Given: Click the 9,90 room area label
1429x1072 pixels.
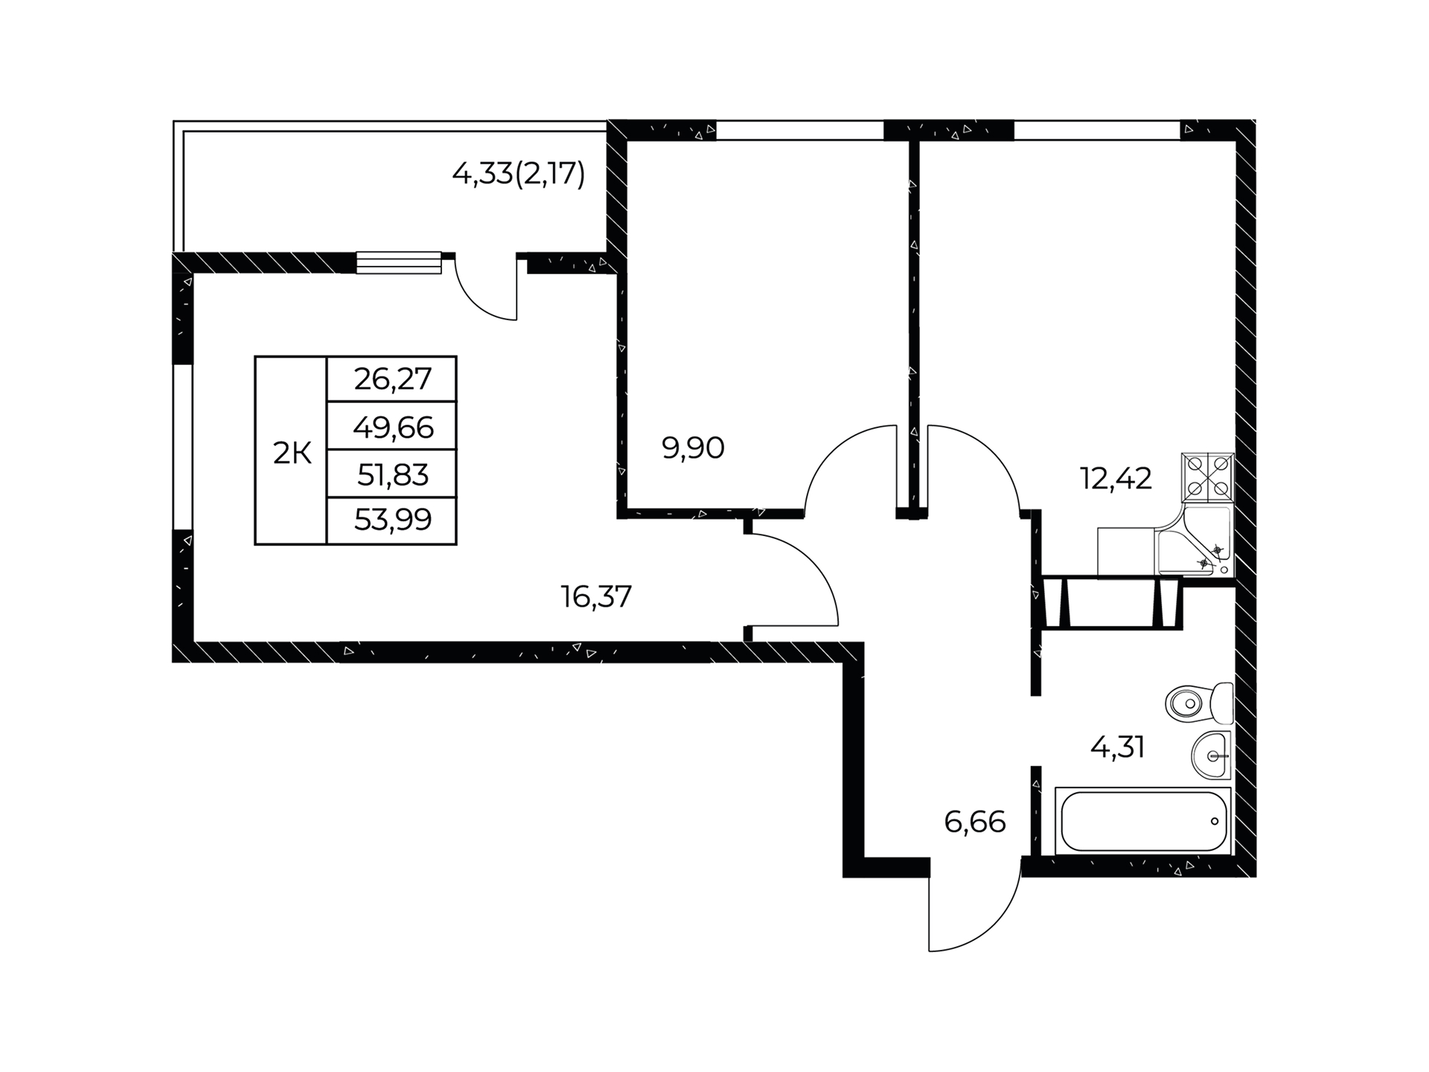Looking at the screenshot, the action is tap(693, 448).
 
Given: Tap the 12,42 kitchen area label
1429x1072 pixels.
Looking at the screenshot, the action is tap(1116, 479).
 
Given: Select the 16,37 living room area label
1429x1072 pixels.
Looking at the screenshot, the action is tap(596, 596).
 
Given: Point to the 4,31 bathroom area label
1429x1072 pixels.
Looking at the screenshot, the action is tap(1117, 747).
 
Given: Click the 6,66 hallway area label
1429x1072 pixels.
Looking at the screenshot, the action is tap(975, 822).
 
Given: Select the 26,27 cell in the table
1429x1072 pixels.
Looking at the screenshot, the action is tap(392, 380).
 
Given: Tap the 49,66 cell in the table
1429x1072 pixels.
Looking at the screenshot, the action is tap(392, 427).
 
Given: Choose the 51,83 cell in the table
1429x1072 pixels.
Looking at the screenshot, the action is tap(392, 474).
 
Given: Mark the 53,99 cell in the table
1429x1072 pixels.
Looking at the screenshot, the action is tap(392, 520).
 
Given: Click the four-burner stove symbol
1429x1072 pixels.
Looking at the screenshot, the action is tap(1207, 477).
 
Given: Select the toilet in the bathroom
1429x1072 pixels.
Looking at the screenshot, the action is tap(1199, 702).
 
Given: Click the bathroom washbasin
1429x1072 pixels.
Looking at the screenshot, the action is tap(1212, 755).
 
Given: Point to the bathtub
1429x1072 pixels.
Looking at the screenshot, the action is tap(1143, 821).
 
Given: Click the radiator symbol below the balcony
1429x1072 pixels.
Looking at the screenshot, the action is tap(399, 262).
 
